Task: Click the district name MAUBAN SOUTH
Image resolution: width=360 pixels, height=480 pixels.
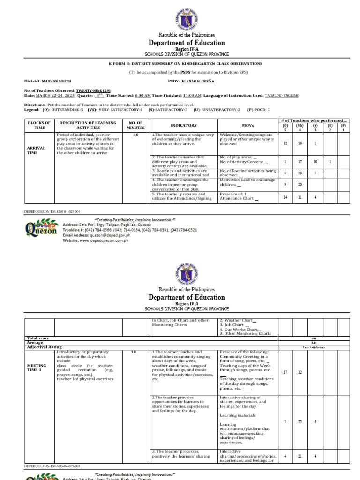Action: (57, 81)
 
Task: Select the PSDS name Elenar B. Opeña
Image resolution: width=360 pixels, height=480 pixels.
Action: (194, 81)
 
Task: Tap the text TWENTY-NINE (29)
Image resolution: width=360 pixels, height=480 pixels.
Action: (93, 90)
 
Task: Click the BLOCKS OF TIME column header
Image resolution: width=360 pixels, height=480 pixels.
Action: (39, 125)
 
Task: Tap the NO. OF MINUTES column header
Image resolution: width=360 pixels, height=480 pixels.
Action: (135, 125)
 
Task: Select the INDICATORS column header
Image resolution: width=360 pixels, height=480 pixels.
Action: (183, 125)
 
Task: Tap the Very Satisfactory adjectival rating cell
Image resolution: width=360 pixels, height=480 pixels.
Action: (314, 347)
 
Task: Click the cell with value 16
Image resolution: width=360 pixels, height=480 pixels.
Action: (300, 143)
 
